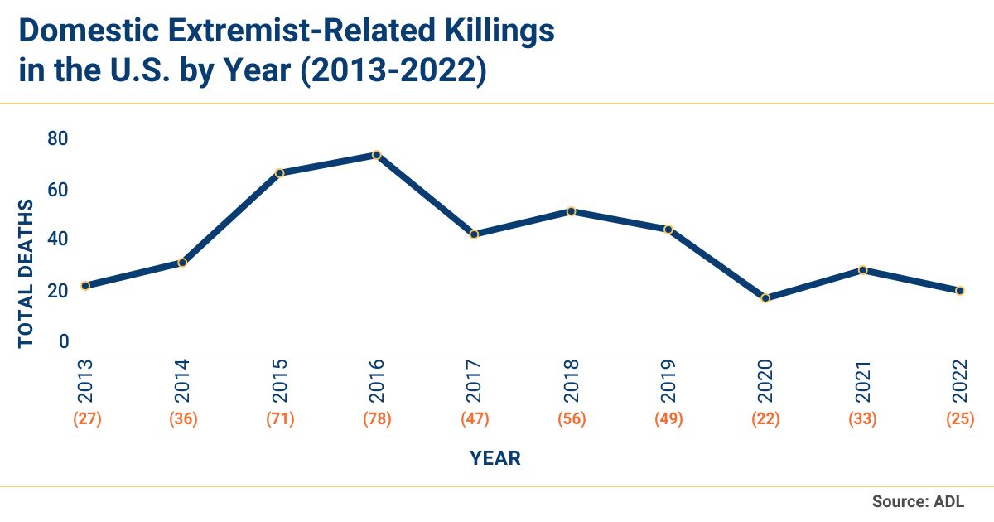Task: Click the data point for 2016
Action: coord(376,155)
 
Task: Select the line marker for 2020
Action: coord(765,298)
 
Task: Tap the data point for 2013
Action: coord(85,286)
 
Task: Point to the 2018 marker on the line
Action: coord(571,211)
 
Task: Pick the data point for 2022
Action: coord(960,291)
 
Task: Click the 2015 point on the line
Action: coord(280,173)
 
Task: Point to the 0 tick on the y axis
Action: coord(63,341)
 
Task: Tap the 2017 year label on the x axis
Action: coord(475,379)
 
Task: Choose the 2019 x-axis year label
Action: coord(668,379)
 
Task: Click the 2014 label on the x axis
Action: coord(182,379)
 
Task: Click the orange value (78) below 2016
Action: coord(377,418)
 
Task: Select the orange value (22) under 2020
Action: coord(765,418)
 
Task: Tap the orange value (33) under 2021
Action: coord(862,418)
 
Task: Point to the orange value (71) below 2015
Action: coord(280,418)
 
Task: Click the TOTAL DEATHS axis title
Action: coord(26,273)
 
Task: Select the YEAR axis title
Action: coord(495,457)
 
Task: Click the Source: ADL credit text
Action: coord(918,501)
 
